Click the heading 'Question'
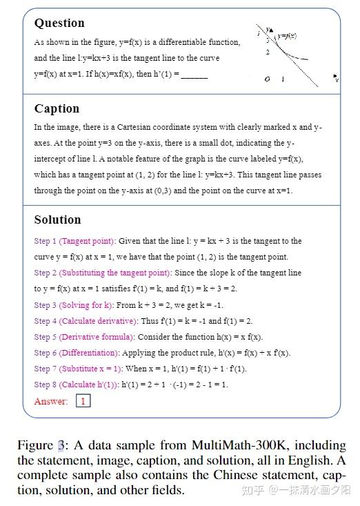[x=59, y=23]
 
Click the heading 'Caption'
[x=57, y=108]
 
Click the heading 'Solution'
[x=57, y=220]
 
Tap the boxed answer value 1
[x=83, y=400]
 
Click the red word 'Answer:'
[x=51, y=401]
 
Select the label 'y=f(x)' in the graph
[x=287, y=35]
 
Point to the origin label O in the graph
[x=267, y=79]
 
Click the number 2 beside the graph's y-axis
[x=268, y=52]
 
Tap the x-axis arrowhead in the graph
[x=334, y=76]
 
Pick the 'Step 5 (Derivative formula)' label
[x=84, y=337]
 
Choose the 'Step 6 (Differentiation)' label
[x=79, y=353]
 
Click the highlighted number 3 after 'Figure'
[x=61, y=445]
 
